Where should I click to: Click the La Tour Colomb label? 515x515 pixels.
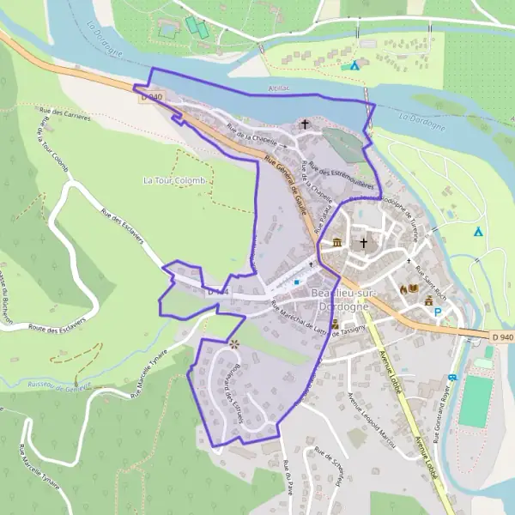click(174, 181)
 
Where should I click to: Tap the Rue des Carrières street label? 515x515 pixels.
click(65, 113)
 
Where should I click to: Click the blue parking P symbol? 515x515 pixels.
click(437, 312)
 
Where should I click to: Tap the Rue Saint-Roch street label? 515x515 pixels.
click(427, 281)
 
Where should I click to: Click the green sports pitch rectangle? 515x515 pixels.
click(475, 401)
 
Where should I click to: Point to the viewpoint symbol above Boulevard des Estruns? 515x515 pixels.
click(233, 344)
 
